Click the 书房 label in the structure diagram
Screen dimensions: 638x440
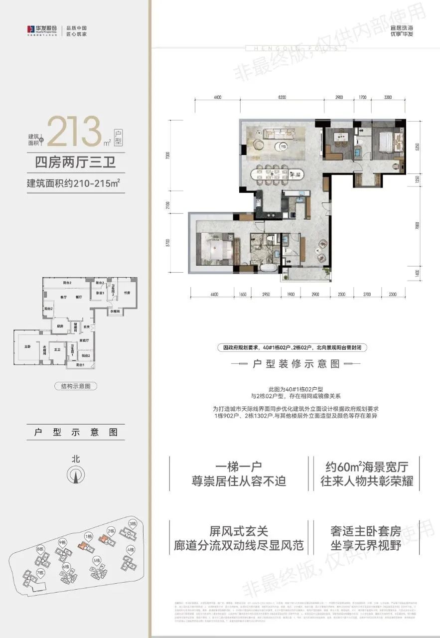coord(127,293)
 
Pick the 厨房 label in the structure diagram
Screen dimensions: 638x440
coord(60,326)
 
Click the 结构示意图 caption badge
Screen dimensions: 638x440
coord(75,386)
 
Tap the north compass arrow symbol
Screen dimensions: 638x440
coord(76,476)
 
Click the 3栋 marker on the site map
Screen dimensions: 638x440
coord(133,524)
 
